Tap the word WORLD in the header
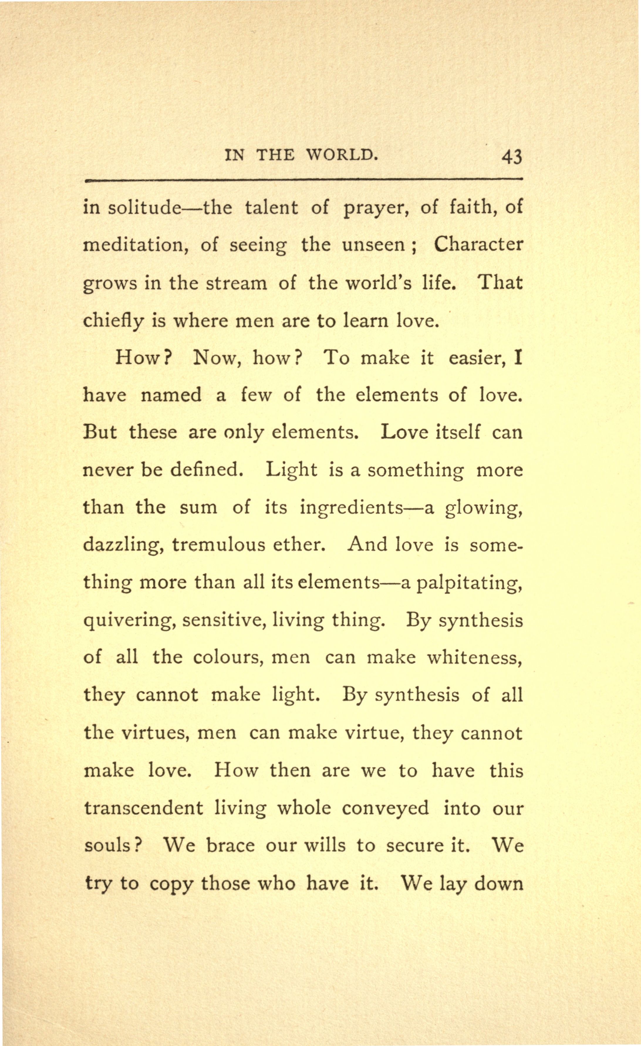tap(341, 155)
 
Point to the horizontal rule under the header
tap(303, 180)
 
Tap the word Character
tap(478, 245)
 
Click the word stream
tap(236, 283)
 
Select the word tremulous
tap(218, 545)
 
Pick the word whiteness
tap(474, 657)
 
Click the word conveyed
tap(385, 808)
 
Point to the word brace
tap(230, 845)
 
